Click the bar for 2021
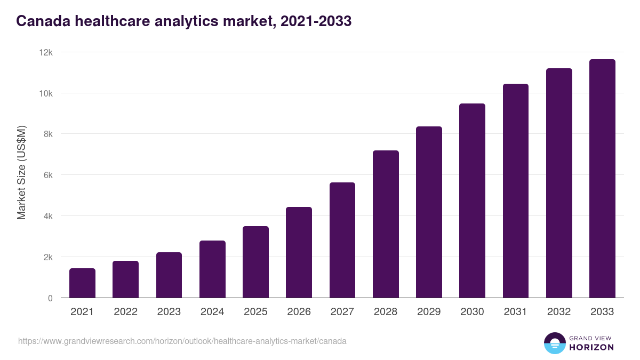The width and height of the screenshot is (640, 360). [x=82, y=283]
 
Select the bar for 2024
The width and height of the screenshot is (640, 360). [x=212, y=269]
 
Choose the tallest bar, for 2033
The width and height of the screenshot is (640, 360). [x=602, y=179]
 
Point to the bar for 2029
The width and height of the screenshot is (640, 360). [x=429, y=212]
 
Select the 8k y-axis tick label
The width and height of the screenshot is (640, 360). [x=47, y=134]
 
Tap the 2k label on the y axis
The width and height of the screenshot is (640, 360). [x=47, y=257]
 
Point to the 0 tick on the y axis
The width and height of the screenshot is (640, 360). [x=50, y=298]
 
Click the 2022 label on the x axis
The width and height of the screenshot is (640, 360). [x=125, y=312]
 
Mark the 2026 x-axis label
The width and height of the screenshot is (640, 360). [x=299, y=312]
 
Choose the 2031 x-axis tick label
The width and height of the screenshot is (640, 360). [x=515, y=312]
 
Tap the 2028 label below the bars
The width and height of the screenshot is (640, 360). [x=386, y=312]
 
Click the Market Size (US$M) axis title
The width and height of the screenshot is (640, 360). [x=21, y=172]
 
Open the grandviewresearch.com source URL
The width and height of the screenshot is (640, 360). [x=182, y=341]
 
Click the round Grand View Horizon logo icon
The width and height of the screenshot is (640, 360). [x=555, y=343]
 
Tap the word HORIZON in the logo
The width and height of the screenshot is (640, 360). [x=592, y=347]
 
